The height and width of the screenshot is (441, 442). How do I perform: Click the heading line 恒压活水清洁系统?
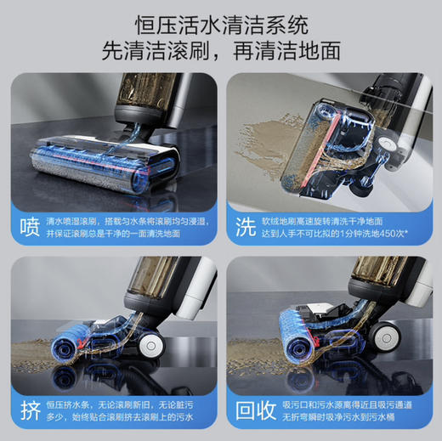click(220, 23)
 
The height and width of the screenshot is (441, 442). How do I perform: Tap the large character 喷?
click(29, 228)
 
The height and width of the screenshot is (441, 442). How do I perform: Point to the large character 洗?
click(245, 228)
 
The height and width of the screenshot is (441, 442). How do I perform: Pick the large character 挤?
click(29, 410)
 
